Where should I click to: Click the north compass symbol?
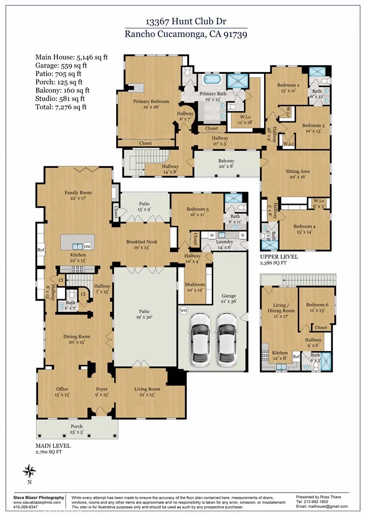[29, 471]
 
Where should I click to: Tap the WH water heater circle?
[184, 310]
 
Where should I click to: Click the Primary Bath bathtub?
[212, 80]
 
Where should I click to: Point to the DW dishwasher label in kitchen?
[87, 246]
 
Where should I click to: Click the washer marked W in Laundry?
[213, 235]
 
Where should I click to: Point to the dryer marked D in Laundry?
[242, 235]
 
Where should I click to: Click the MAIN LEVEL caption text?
[53, 446]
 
